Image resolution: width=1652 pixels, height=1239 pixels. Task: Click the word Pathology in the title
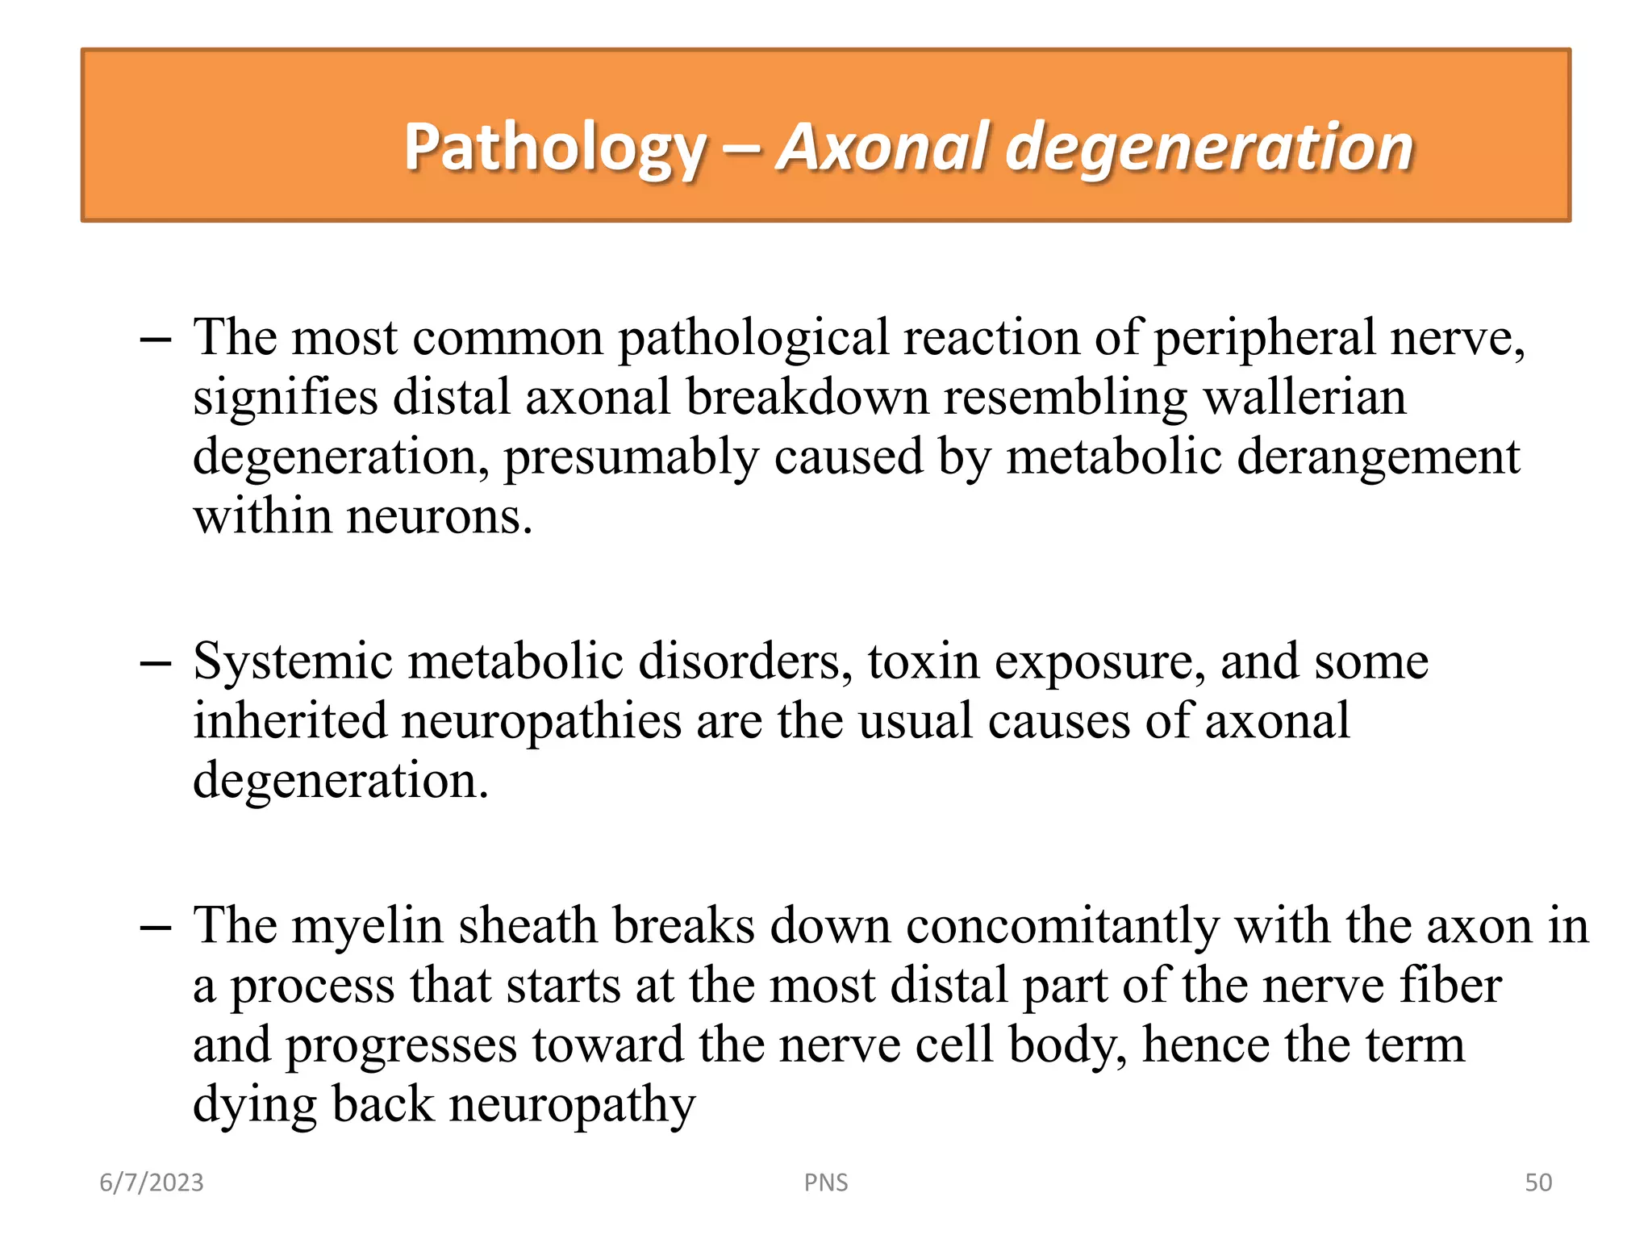coord(555,148)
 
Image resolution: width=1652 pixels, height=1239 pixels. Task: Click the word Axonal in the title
coord(883,148)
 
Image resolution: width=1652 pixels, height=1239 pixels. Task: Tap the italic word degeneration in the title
coord(1210,148)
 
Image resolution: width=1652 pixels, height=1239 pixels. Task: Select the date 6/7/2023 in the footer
coord(152,1183)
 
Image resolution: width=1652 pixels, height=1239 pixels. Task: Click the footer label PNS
coord(826,1183)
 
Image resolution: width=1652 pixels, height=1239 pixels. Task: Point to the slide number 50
coord(1538,1183)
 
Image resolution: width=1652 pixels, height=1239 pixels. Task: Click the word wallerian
coord(1304,397)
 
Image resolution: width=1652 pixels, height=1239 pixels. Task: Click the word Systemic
coord(293,661)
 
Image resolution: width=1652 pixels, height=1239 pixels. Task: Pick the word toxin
coord(923,661)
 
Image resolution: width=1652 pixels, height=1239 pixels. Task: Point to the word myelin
coord(367,925)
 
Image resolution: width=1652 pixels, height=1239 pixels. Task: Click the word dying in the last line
coord(255,1105)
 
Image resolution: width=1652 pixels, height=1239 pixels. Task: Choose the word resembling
coord(1066,397)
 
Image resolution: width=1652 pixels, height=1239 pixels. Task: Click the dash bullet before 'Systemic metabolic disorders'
coord(155,664)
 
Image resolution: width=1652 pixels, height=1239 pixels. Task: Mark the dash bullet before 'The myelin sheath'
coord(155,928)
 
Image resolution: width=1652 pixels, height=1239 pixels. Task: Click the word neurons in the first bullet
coord(439,516)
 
